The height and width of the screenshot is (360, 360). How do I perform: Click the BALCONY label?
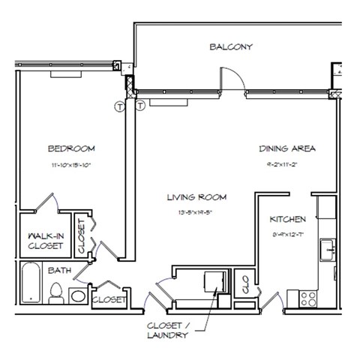click(232, 46)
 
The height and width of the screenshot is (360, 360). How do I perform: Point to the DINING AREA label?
click(287, 148)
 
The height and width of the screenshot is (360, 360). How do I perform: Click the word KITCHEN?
click(288, 220)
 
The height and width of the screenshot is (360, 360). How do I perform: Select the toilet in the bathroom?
click(55, 295)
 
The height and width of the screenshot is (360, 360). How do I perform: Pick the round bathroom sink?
click(77, 296)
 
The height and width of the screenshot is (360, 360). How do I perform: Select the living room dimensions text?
click(197, 212)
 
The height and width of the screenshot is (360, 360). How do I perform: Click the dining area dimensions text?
click(288, 163)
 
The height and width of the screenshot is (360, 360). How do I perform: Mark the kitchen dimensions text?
click(288, 233)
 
